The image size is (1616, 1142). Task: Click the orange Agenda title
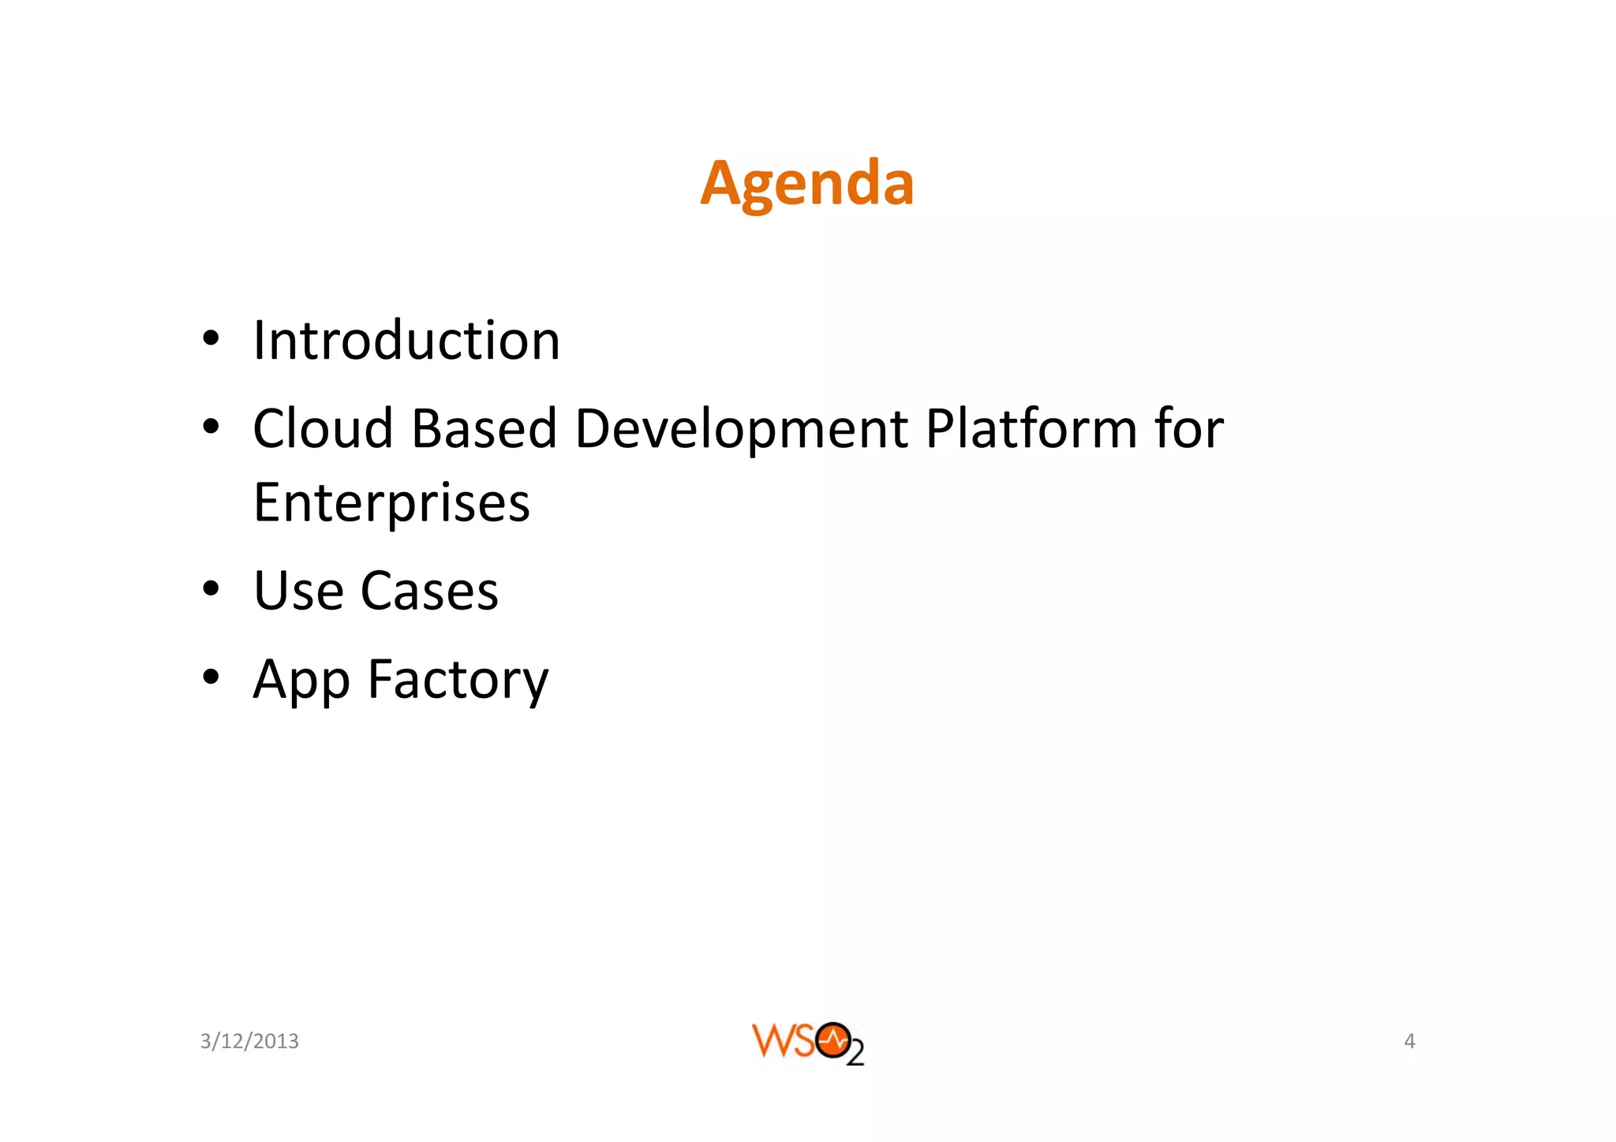pos(806,184)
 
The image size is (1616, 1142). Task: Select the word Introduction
pos(406,341)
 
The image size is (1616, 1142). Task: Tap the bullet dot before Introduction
pos(210,340)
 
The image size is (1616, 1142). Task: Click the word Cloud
pos(323,429)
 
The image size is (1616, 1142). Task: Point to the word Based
pos(484,429)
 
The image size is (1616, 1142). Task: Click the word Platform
pos(1031,429)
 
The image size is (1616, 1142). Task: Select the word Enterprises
pos(391,503)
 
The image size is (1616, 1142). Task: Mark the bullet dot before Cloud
pos(210,427)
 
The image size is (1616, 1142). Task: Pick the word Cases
pos(429,591)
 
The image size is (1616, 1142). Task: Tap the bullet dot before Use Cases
pos(210,589)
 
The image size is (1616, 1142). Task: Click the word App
pos(301,681)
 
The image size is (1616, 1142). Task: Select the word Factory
pos(458,681)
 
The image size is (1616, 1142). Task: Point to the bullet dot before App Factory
pos(210,677)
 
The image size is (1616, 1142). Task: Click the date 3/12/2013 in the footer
pos(249,1042)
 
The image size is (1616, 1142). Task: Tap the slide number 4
pos(1409,1041)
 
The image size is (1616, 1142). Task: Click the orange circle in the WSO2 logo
pos(832,1040)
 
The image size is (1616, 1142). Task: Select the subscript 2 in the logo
pos(855,1054)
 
